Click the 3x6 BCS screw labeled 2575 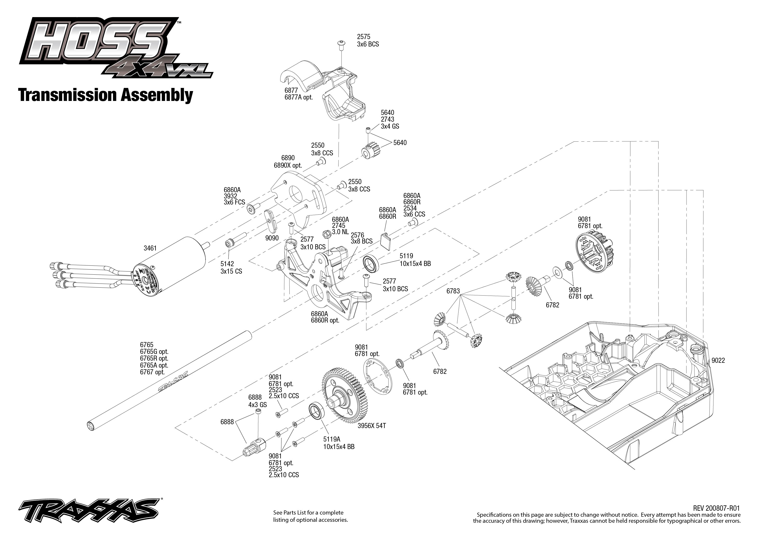point(341,44)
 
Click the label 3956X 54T point(372,426)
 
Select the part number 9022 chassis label point(718,360)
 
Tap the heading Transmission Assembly point(106,95)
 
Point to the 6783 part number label point(453,291)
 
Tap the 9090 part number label point(272,238)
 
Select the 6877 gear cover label point(291,90)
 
